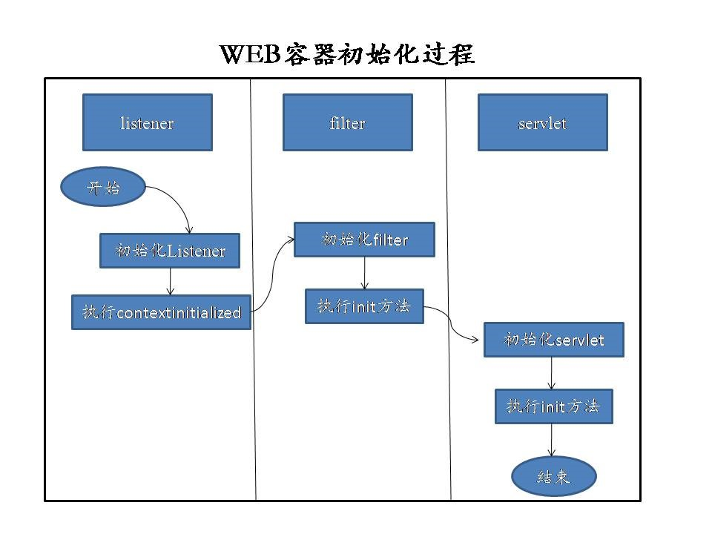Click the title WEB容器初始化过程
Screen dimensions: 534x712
point(347,54)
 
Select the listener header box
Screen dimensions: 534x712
point(147,122)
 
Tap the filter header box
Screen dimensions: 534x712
point(347,122)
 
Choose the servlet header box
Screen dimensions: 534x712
point(542,122)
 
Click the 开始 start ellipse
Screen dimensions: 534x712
point(103,188)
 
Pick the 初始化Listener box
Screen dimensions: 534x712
point(171,251)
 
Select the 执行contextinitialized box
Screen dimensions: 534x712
point(161,312)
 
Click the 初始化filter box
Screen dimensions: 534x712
point(364,240)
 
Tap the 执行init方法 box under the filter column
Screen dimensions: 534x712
point(364,306)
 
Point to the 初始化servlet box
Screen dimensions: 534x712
point(553,340)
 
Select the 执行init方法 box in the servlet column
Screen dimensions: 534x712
point(553,406)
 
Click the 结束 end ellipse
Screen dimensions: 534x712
point(553,475)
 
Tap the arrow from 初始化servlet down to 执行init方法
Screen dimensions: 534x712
point(551,373)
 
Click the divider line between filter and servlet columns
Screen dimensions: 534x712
point(448,297)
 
